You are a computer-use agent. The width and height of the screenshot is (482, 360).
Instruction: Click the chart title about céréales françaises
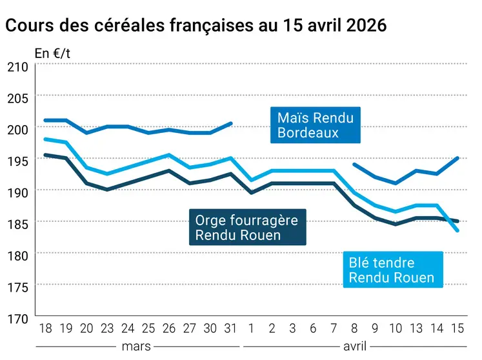[196, 26]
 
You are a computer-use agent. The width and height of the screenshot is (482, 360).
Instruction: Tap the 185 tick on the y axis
[17, 223]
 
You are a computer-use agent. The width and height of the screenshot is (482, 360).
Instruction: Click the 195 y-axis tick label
[17, 160]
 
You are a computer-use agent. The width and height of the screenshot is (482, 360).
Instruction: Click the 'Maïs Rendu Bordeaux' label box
[315, 125]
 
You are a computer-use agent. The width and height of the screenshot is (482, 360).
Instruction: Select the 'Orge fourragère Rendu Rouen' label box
[246, 227]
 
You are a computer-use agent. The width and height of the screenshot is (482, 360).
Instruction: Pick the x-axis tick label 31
[230, 328]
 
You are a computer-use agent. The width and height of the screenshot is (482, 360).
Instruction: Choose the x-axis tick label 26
[168, 328]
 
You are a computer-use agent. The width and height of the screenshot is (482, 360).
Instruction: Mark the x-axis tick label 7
[334, 328]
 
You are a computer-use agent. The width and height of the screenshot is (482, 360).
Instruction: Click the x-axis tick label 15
[457, 328]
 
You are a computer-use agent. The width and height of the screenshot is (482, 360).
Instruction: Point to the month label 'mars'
[136, 346]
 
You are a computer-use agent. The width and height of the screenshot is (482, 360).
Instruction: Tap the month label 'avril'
[354, 346]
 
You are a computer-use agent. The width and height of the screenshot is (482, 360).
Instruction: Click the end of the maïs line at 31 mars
[231, 123]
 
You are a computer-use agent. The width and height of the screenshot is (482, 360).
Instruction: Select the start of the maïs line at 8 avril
[354, 165]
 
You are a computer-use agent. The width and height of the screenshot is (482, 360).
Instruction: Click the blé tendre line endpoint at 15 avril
[457, 230]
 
